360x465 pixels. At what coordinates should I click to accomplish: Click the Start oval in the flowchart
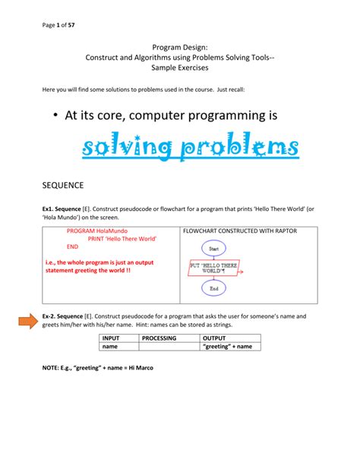click(213, 248)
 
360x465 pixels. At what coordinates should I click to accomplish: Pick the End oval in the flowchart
click(213, 289)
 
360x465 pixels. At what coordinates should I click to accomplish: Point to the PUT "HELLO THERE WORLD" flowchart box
click(213, 269)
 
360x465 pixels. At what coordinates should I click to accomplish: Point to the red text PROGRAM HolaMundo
click(97, 230)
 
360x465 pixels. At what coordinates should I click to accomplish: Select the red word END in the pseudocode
click(73, 247)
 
